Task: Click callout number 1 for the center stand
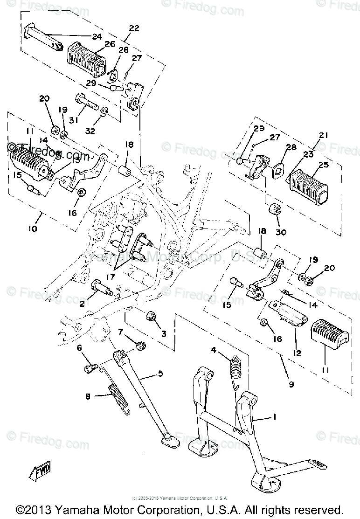tap(275, 417)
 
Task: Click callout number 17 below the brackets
tap(111, 277)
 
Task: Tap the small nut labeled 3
tap(151, 317)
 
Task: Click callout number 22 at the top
tap(134, 28)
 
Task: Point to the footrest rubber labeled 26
tap(88, 58)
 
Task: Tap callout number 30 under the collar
tap(281, 232)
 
